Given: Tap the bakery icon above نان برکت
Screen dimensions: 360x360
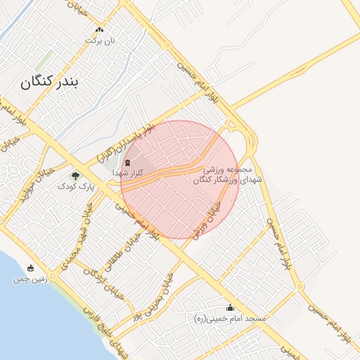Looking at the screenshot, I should [99, 30].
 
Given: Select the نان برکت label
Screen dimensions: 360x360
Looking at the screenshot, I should [99, 41].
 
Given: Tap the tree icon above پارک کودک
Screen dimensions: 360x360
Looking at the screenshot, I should [75, 176].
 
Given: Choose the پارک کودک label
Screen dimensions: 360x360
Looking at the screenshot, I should [75, 186].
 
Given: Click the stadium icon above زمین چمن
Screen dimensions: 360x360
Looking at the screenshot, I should [30, 268].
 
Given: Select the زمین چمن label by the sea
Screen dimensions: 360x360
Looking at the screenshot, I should [30, 279].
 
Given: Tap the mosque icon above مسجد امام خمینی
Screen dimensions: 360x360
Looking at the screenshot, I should [230, 307].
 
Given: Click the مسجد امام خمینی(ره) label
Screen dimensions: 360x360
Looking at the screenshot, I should [230, 319].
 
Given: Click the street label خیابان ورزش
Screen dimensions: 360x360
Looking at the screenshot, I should [205, 219].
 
